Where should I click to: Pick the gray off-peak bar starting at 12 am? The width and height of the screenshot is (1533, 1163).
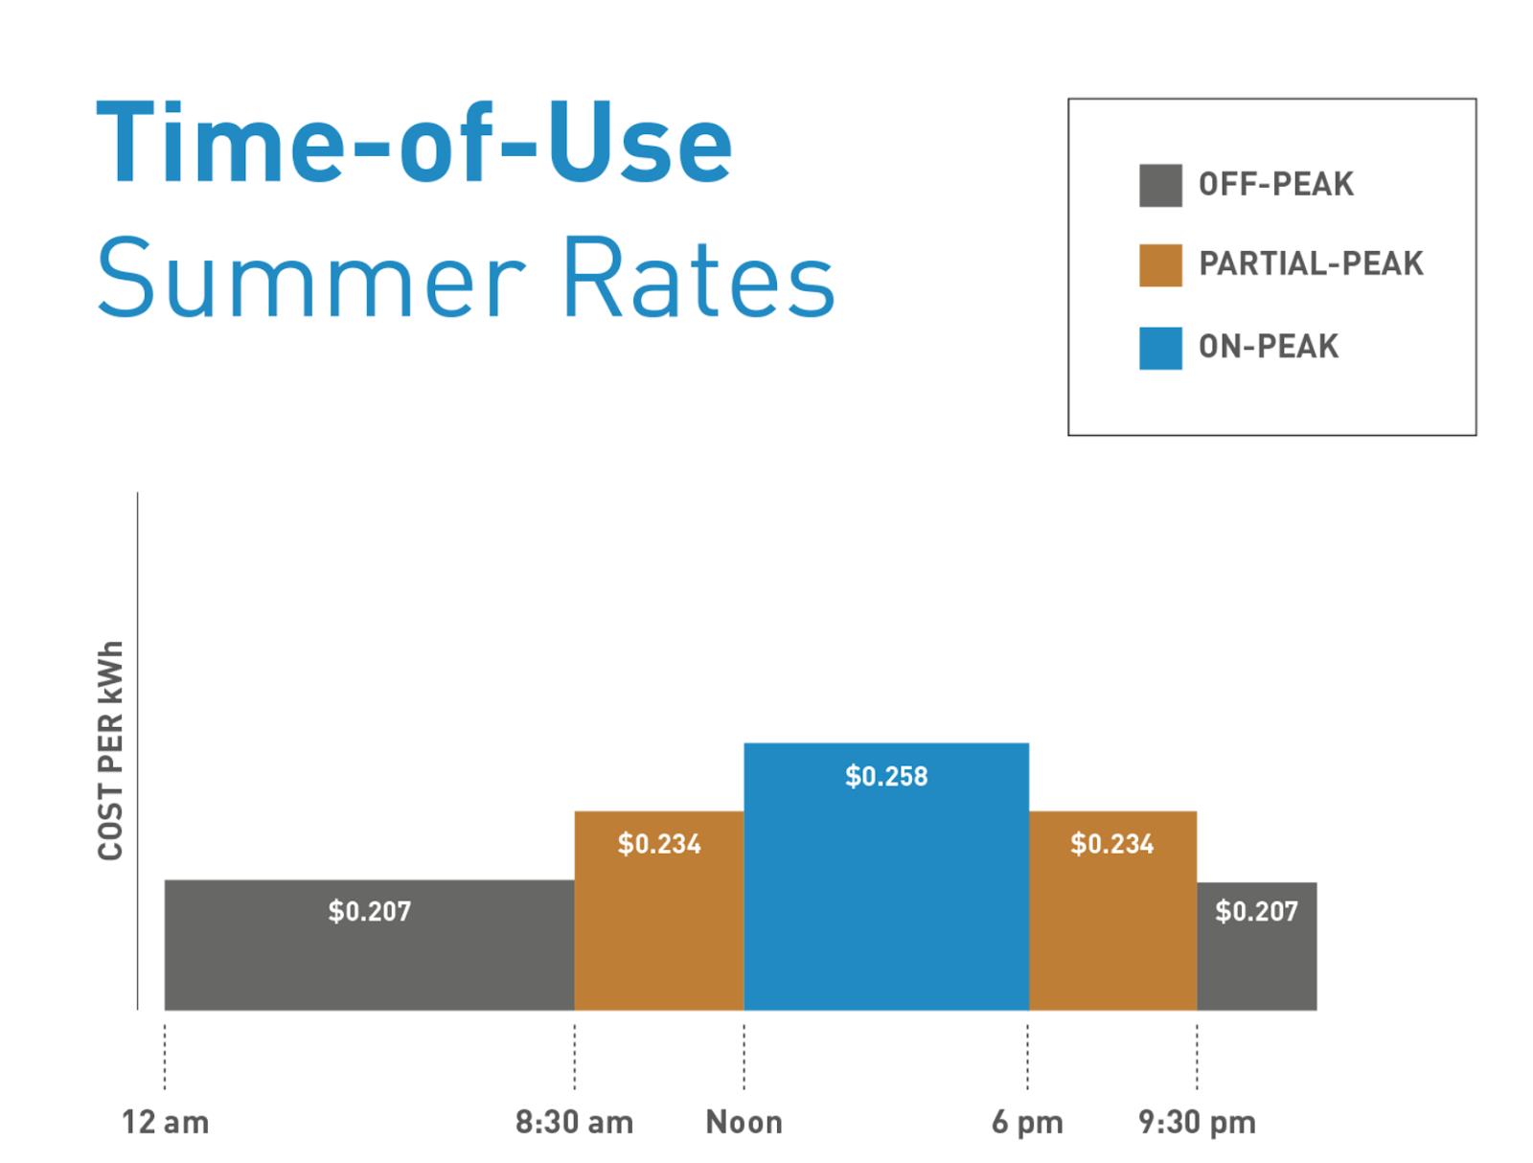coord(369,958)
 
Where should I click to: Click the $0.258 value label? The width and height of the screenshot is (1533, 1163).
coord(886,776)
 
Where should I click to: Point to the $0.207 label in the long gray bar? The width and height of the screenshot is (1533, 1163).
coord(370,911)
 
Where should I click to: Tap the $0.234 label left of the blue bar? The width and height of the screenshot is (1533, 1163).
coord(659,844)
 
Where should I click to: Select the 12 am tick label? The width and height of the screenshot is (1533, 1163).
coord(165,1122)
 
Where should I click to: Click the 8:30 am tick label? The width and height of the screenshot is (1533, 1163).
coord(574,1122)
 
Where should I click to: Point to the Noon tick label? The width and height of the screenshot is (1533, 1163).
coord(744,1122)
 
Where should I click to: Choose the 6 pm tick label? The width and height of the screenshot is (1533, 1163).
coord(1027,1122)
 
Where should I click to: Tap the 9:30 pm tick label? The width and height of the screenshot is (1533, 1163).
coord(1197,1122)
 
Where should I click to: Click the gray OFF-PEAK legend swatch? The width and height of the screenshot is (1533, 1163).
coord(1160,185)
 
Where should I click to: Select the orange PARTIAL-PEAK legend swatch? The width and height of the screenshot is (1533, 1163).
coord(1160,265)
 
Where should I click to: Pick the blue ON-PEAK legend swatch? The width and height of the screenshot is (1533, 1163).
coord(1160,348)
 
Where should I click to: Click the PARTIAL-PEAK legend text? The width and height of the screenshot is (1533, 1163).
coord(1311,263)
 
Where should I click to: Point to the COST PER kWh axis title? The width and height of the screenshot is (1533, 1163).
coord(110,750)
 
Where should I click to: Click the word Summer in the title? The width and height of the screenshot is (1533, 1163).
coord(311,279)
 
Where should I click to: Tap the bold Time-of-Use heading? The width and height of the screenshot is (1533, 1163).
coord(414,145)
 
